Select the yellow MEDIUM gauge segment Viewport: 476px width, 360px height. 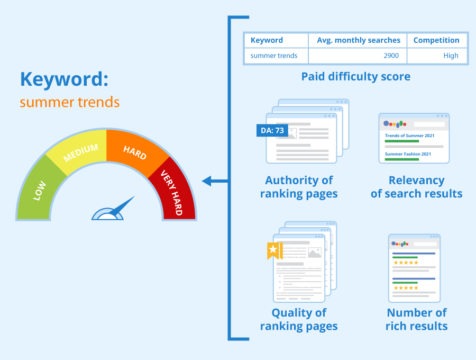coord(80,153)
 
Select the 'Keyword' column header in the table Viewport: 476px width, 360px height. coord(267,40)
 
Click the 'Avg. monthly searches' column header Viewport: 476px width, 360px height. coord(358,40)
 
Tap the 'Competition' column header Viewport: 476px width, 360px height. coord(436,40)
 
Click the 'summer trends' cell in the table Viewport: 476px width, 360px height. coord(274,56)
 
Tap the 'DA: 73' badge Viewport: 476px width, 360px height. coord(272,130)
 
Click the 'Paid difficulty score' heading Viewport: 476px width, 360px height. coord(355,77)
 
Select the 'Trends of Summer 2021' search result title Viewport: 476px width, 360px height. coord(409,136)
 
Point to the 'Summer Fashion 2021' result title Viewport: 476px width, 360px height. coord(408,154)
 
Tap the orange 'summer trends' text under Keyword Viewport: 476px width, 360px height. coord(69,102)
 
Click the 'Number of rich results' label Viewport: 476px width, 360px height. coord(417,319)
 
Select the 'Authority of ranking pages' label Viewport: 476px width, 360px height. coord(299,187)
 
